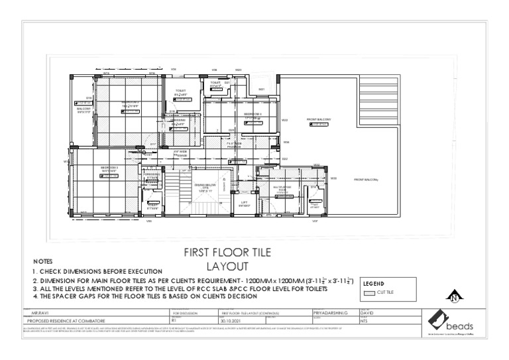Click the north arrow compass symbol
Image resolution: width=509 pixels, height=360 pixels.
click(x=454, y=297)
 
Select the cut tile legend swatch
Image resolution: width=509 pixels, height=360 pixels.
click(x=370, y=292)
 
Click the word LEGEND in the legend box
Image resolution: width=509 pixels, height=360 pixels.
click(x=374, y=284)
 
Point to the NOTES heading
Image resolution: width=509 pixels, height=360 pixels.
click(x=42, y=262)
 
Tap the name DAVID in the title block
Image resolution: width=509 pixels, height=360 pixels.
click(x=367, y=310)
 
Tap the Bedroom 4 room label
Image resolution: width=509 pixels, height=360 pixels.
click(x=253, y=115)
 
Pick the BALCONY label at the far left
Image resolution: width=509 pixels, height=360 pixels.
click(x=83, y=109)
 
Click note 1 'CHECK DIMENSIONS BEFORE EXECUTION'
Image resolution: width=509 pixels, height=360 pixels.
click(x=97, y=272)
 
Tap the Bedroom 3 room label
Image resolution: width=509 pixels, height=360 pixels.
click(x=109, y=168)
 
